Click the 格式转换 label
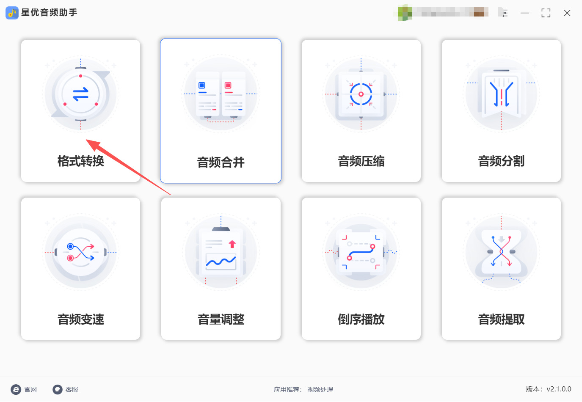coord(80,161)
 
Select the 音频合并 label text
coord(221,162)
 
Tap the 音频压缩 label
coord(361,161)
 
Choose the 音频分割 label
coord(501,161)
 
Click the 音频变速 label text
coord(80,319)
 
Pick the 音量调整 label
coord(221,319)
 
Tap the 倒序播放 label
coord(361,319)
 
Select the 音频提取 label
coord(501,319)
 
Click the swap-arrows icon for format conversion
coord(80,94)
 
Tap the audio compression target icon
coord(361,94)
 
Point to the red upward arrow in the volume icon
coord(232,244)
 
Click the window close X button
coord(567,13)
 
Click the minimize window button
coord(525,13)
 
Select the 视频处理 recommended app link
coord(320,390)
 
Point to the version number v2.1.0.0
coord(559,389)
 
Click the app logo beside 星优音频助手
coord(12,13)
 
